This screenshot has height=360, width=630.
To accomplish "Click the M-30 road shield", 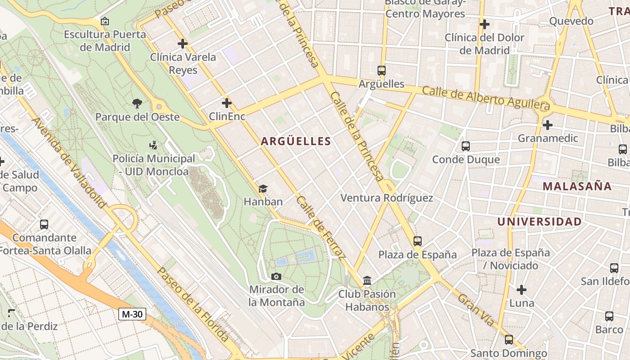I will tap(132, 314).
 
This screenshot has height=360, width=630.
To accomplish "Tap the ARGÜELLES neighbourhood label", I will tap(296, 141).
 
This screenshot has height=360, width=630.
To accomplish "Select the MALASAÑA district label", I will tap(577, 186).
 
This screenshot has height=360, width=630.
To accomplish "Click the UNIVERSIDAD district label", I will tap(539, 221).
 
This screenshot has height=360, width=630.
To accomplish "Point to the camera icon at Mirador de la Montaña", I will tap(276, 276).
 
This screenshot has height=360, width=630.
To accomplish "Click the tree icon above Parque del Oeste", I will tap(137, 103).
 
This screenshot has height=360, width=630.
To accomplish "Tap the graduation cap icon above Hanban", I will tap(263, 189).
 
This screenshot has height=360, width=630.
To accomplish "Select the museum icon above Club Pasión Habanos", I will tap(367, 281).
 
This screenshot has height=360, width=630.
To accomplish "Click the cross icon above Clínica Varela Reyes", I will tap(183, 44).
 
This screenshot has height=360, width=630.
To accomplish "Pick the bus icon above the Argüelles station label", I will tap(382, 71).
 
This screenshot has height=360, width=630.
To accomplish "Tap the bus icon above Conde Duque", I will tap(466, 146).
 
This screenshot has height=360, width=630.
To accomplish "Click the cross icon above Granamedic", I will tap(548, 125).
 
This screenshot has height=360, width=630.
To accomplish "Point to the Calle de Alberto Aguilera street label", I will tap(486, 98).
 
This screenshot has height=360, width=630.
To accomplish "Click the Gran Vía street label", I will tap(476, 310).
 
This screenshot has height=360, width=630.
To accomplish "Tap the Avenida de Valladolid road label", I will tap(69, 163).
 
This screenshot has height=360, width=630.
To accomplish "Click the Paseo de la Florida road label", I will tap(193, 304).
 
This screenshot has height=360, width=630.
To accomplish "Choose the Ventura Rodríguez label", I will tap(387, 198).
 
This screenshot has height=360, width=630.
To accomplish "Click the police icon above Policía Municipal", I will tap(153, 145).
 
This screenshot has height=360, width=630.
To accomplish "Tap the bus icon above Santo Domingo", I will tap(508, 340).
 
